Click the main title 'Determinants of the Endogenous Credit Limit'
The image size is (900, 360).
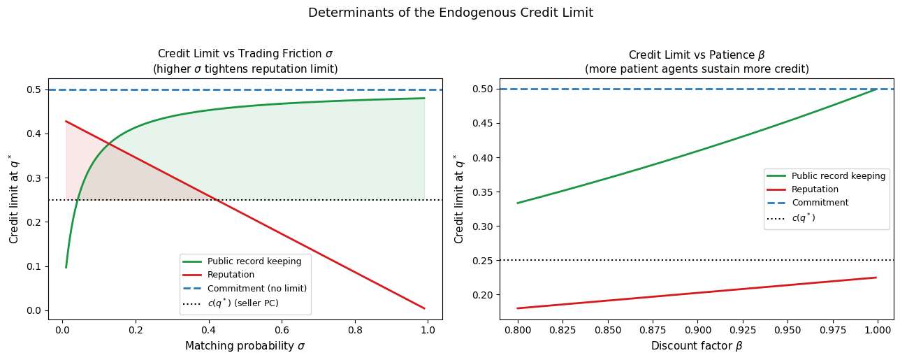451,13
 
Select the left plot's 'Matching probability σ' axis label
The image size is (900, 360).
245,346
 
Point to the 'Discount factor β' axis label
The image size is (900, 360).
697,346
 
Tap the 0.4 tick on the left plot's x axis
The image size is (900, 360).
208,330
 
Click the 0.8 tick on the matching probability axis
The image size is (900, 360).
355,330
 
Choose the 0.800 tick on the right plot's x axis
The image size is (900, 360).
518,330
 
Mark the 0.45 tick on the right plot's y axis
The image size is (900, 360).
481,123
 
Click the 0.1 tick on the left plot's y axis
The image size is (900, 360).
34,266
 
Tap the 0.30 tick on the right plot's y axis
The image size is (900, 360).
481,226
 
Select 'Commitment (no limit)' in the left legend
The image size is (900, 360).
257,289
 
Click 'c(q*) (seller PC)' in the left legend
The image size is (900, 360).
243,303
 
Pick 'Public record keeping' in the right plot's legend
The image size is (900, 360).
839,176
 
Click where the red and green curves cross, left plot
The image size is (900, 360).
109,143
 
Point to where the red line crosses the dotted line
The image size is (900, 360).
217,200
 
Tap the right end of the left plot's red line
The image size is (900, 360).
425,308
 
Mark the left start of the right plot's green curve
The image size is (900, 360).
518,203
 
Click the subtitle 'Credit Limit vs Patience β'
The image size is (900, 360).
697,55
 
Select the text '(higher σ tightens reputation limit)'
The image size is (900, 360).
245,69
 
